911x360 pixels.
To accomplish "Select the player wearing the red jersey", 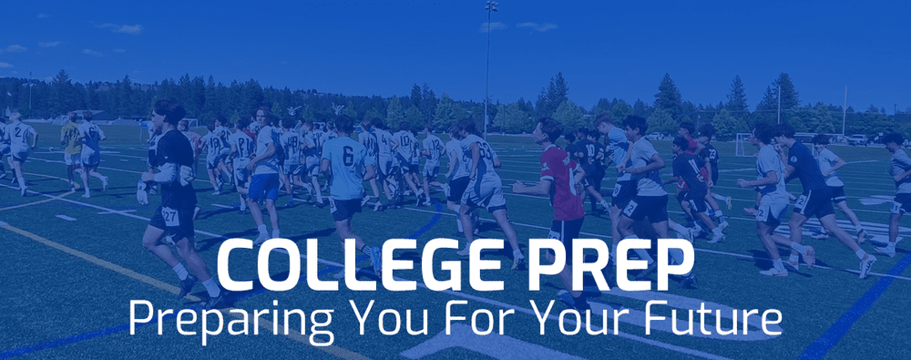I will coord(561,182).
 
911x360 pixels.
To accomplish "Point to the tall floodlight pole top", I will coord(491,6).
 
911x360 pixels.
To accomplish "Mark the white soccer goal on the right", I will coord(745,143).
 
